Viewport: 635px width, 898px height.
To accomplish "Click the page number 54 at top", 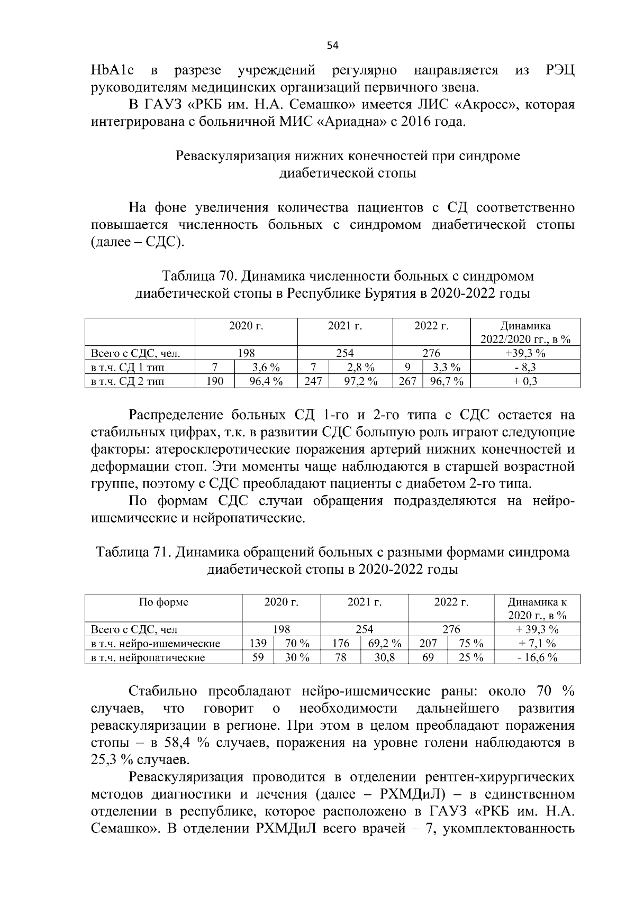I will (x=332, y=45).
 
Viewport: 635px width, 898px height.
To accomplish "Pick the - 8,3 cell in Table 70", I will (x=525, y=367).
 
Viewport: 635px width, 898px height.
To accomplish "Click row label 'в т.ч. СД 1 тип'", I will (x=124, y=367).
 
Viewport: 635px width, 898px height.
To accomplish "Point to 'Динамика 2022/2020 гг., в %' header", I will (x=525, y=333).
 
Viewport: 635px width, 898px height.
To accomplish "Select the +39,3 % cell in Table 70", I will (x=525, y=353).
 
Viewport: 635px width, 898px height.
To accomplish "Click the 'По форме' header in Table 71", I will (x=163, y=602).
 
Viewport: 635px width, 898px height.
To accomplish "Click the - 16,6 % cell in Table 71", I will (x=537, y=657).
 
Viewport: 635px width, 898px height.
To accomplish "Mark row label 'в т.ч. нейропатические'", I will (x=148, y=657).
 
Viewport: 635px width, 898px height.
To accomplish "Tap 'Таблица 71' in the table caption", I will (x=132, y=553).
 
